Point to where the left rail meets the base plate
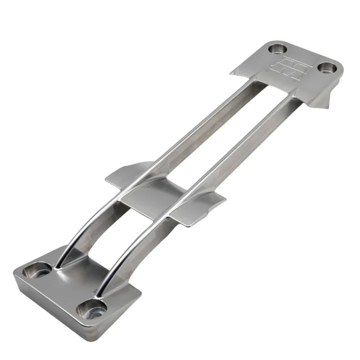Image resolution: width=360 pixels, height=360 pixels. pyautogui.click(x=61, y=266)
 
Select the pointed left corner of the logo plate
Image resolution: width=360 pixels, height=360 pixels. pyautogui.click(x=233, y=73)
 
